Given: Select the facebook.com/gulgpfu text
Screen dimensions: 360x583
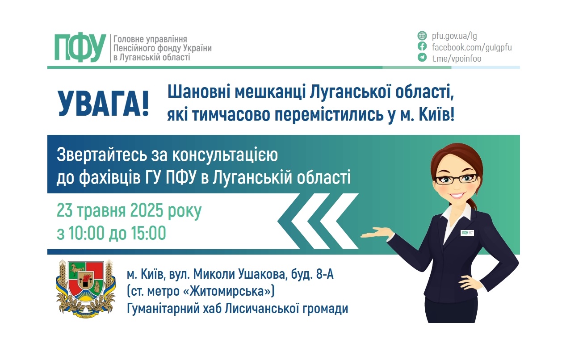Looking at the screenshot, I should click(x=471, y=47).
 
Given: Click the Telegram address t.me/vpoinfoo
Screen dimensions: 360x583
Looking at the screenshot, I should click(x=456, y=58).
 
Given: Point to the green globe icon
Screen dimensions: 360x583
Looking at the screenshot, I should click(x=422, y=36).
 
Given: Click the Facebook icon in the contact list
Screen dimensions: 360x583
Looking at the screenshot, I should click(x=422, y=47).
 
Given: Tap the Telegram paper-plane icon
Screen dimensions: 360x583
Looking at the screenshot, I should click(x=422, y=58).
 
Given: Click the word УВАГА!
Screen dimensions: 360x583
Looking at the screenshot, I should click(x=103, y=104).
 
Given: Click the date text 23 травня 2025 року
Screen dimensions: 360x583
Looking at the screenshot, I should click(x=129, y=210).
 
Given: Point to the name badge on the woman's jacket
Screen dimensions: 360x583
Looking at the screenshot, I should click(x=467, y=232).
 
